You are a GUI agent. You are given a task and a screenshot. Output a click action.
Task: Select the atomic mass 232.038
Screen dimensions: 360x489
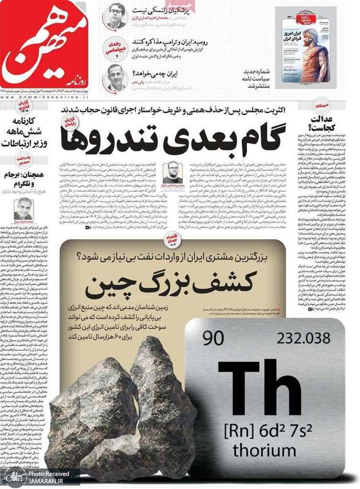pyautogui.click(x=303, y=338)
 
